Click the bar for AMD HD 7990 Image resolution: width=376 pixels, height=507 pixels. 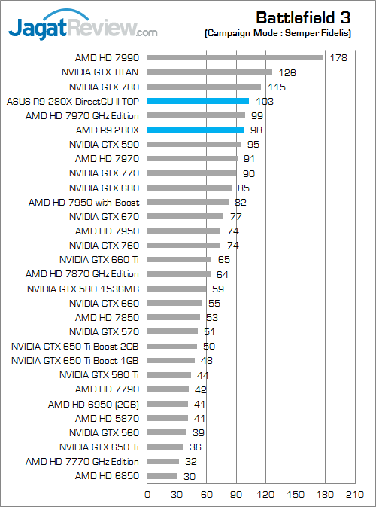[235, 57]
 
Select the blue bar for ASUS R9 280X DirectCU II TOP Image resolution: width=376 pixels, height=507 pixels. [198, 101]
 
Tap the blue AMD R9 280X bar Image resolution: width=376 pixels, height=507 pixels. [196, 130]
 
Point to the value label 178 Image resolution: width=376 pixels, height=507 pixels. [338, 58]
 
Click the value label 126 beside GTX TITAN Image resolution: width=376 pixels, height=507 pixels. [287, 72]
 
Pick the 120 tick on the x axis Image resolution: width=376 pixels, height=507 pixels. [266, 494]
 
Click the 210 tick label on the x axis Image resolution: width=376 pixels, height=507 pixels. [355, 494]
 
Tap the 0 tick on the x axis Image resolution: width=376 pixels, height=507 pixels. [147, 494]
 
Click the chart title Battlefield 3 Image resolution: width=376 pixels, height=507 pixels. [303, 18]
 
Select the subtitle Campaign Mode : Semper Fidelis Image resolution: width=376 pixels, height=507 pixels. [278, 33]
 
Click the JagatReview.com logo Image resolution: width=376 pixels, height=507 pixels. [83, 26]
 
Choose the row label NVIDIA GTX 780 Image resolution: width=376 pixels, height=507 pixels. [104, 87]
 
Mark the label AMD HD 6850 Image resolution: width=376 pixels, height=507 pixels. [107, 476]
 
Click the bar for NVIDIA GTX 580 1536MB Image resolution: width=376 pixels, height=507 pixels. [177, 289]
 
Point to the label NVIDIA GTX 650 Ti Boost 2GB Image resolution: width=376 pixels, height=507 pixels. [75, 347]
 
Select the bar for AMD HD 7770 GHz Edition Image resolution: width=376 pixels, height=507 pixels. [163, 461]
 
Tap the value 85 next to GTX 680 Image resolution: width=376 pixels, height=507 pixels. [244, 188]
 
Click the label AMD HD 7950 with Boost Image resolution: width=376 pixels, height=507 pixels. [84, 203]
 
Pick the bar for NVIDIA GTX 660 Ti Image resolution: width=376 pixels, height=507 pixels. [179, 260]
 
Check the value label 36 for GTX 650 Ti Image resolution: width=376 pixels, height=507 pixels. [196, 447]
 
